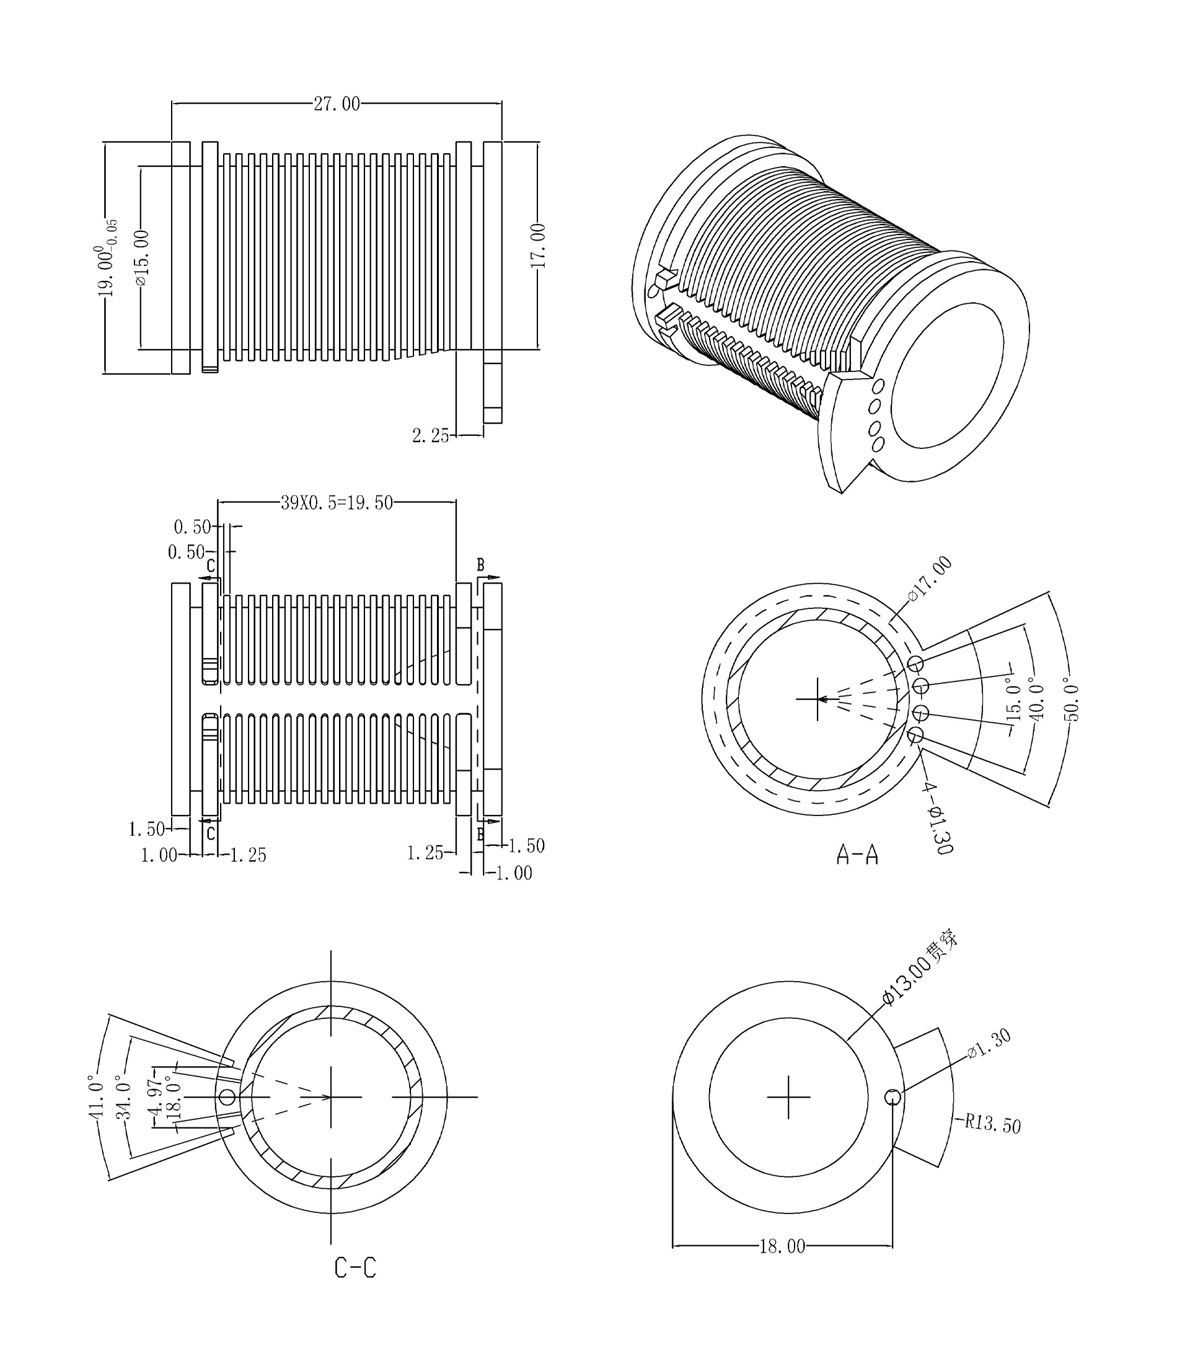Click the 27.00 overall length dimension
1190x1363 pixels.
pyautogui.click(x=337, y=104)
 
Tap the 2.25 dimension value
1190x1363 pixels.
pyautogui.click(x=430, y=436)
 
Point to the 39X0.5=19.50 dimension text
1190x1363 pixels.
pyautogui.click(x=337, y=503)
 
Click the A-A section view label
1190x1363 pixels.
pyautogui.click(x=857, y=855)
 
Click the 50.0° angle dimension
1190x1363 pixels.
pyautogui.click(x=1071, y=699)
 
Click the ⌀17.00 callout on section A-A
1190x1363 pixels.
pyautogui.click(x=930, y=578)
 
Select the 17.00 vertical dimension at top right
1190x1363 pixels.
pyautogui.click(x=538, y=246)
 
